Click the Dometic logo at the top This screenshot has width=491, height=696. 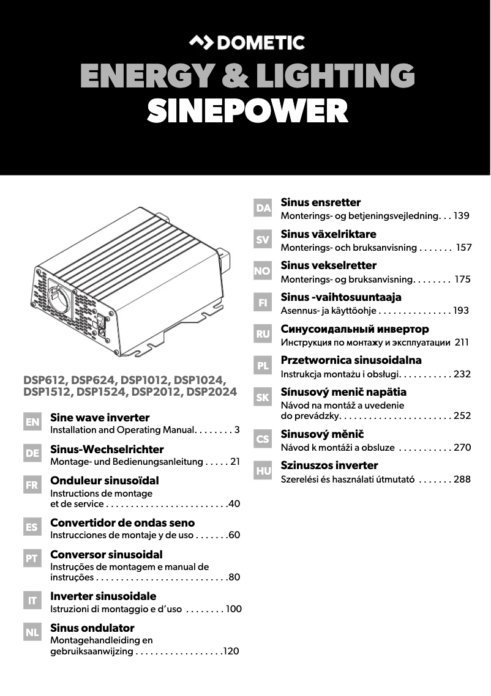[x=246, y=43]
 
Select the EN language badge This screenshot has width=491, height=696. [x=32, y=422]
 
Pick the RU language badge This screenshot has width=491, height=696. [x=263, y=334]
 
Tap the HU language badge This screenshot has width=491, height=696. [x=263, y=471]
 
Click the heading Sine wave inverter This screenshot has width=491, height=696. [x=100, y=418]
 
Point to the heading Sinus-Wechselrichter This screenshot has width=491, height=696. [x=107, y=450]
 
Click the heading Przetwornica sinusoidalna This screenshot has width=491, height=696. [x=351, y=360]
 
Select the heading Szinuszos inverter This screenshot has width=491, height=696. [x=329, y=465]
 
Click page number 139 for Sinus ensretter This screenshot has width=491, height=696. [x=461, y=216]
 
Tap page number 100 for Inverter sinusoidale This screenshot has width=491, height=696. [x=234, y=609]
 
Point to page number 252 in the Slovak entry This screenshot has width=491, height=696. [x=462, y=416]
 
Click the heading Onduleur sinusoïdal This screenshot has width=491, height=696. [x=105, y=481]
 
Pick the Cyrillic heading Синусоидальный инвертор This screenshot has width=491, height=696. [x=354, y=329]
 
